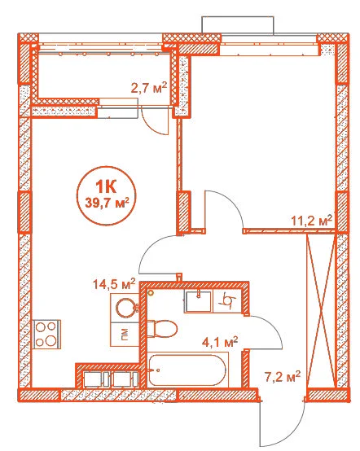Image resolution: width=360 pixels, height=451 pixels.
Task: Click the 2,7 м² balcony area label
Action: (149, 88)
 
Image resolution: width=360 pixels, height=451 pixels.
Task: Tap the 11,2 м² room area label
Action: (312, 221)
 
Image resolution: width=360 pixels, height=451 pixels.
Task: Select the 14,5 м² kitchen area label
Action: (114, 284)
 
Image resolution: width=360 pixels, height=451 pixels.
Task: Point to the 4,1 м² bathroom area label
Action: (220, 342)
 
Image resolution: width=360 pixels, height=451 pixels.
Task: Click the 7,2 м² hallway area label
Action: (283, 377)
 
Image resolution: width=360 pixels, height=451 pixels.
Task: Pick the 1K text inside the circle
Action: (106, 187)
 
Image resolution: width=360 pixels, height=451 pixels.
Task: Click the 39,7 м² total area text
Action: (107, 203)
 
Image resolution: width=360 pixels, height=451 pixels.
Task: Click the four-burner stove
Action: (47, 335)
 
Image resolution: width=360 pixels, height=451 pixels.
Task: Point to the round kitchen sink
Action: (125, 308)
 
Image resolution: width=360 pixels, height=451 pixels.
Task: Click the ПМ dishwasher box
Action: (125, 335)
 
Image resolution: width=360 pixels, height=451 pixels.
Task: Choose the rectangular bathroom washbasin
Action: (199, 302)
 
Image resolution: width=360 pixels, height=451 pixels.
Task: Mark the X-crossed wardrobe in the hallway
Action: (322, 311)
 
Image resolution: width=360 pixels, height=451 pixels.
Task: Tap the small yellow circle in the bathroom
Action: (150, 292)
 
